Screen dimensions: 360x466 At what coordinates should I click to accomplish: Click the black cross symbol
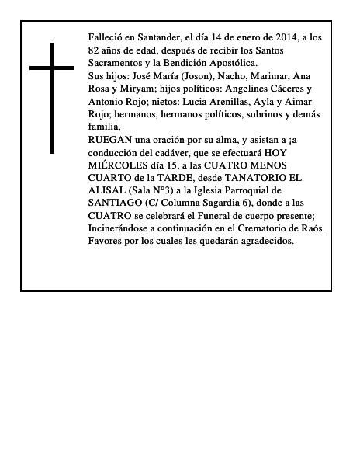pyautogui.click(x=52, y=96)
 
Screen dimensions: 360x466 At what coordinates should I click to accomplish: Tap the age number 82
pyautogui.click(x=95, y=50)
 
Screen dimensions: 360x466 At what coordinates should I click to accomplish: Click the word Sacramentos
pyautogui.click(x=116, y=63)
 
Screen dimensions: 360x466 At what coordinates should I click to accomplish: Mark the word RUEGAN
pyautogui.click(x=111, y=139)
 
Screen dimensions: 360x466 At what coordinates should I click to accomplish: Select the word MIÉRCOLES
pyautogui.click(x=117, y=165)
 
